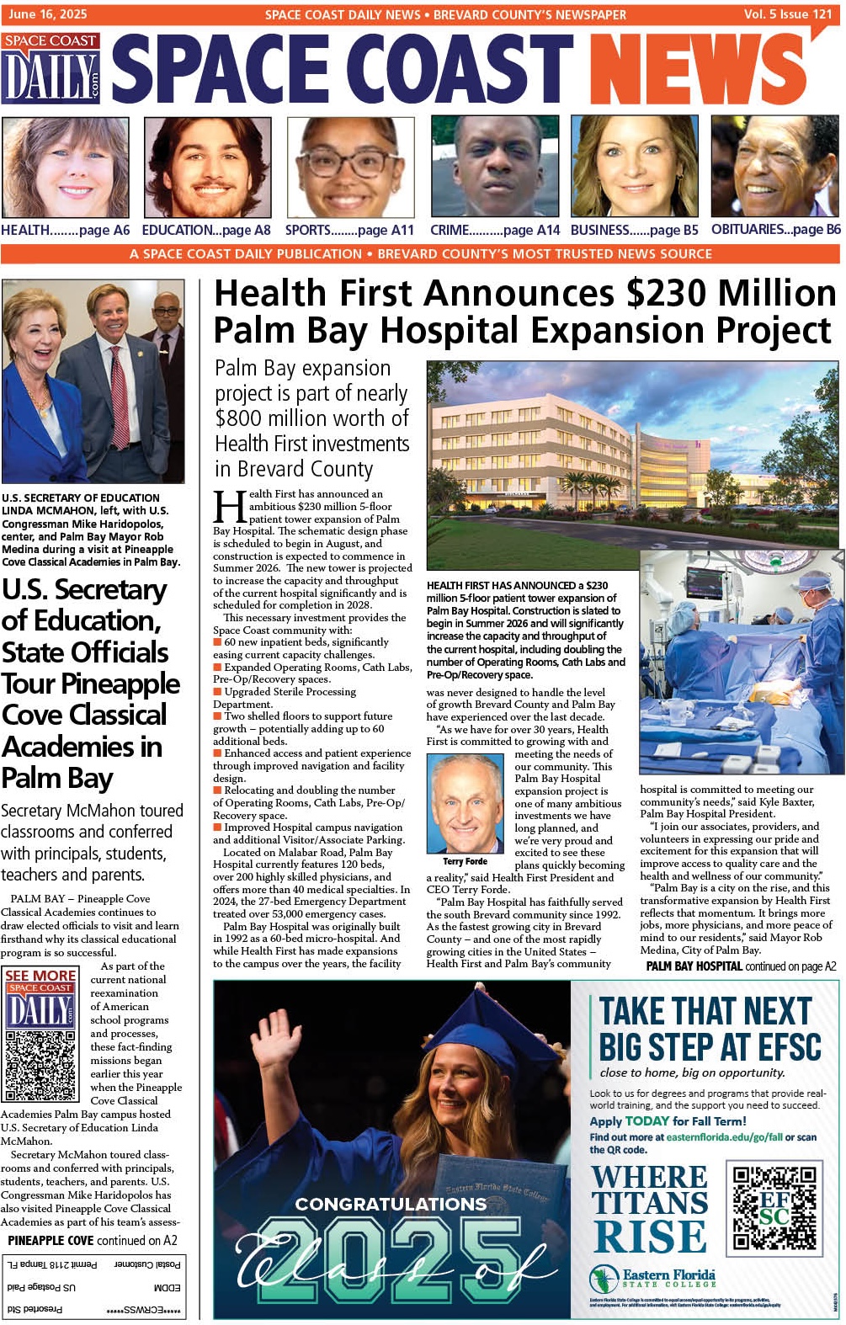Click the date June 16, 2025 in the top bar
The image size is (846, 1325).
tap(47, 13)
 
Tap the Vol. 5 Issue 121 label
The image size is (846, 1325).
tap(787, 13)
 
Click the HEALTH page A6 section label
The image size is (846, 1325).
tap(66, 230)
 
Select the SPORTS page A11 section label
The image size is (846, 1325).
tap(349, 230)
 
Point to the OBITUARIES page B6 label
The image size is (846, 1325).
tap(775, 229)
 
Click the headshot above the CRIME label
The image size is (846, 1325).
tap(494, 167)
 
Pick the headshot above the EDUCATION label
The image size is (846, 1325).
tap(207, 167)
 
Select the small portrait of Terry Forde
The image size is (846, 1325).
tap(465, 804)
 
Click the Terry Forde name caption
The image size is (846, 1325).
tap(465, 861)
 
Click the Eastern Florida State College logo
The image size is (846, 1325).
tap(653, 1279)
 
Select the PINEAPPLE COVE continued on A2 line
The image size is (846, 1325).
tap(93, 1240)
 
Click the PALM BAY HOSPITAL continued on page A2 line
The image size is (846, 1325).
tap(741, 966)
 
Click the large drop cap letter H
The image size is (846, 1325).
tap(229, 507)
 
